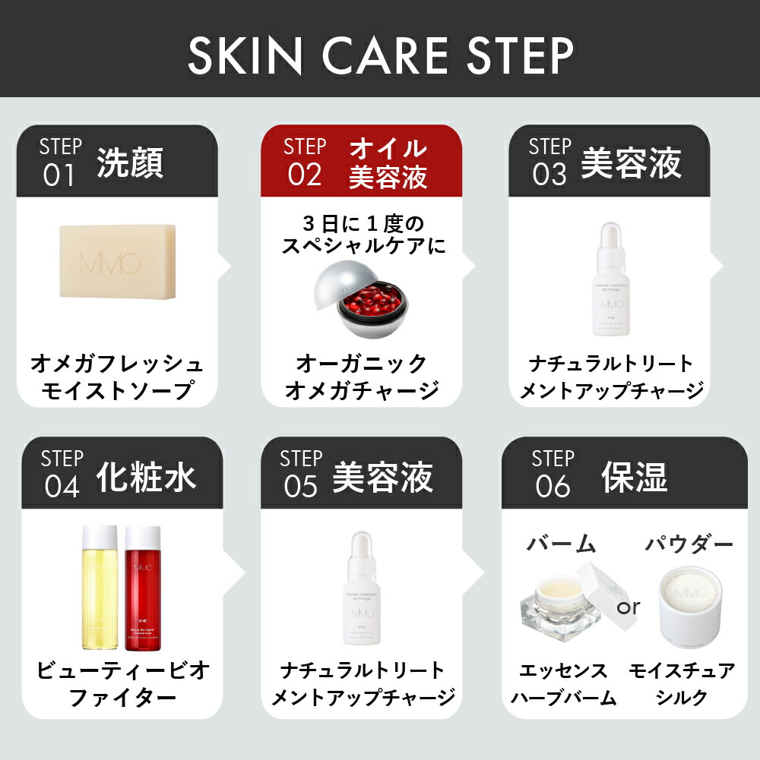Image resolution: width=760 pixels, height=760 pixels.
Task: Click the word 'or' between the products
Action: (629, 607)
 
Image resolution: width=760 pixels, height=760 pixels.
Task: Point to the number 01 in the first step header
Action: (59, 175)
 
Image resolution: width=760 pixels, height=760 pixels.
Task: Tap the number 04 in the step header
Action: (62, 486)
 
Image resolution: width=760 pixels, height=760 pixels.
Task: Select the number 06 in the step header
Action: (553, 486)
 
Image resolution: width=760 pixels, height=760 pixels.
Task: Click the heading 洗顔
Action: (130, 163)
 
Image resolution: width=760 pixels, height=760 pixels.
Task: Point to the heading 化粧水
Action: (146, 476)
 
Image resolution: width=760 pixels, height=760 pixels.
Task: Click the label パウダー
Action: (689, 544)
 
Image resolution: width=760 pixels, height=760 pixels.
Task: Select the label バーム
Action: (561, 544)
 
